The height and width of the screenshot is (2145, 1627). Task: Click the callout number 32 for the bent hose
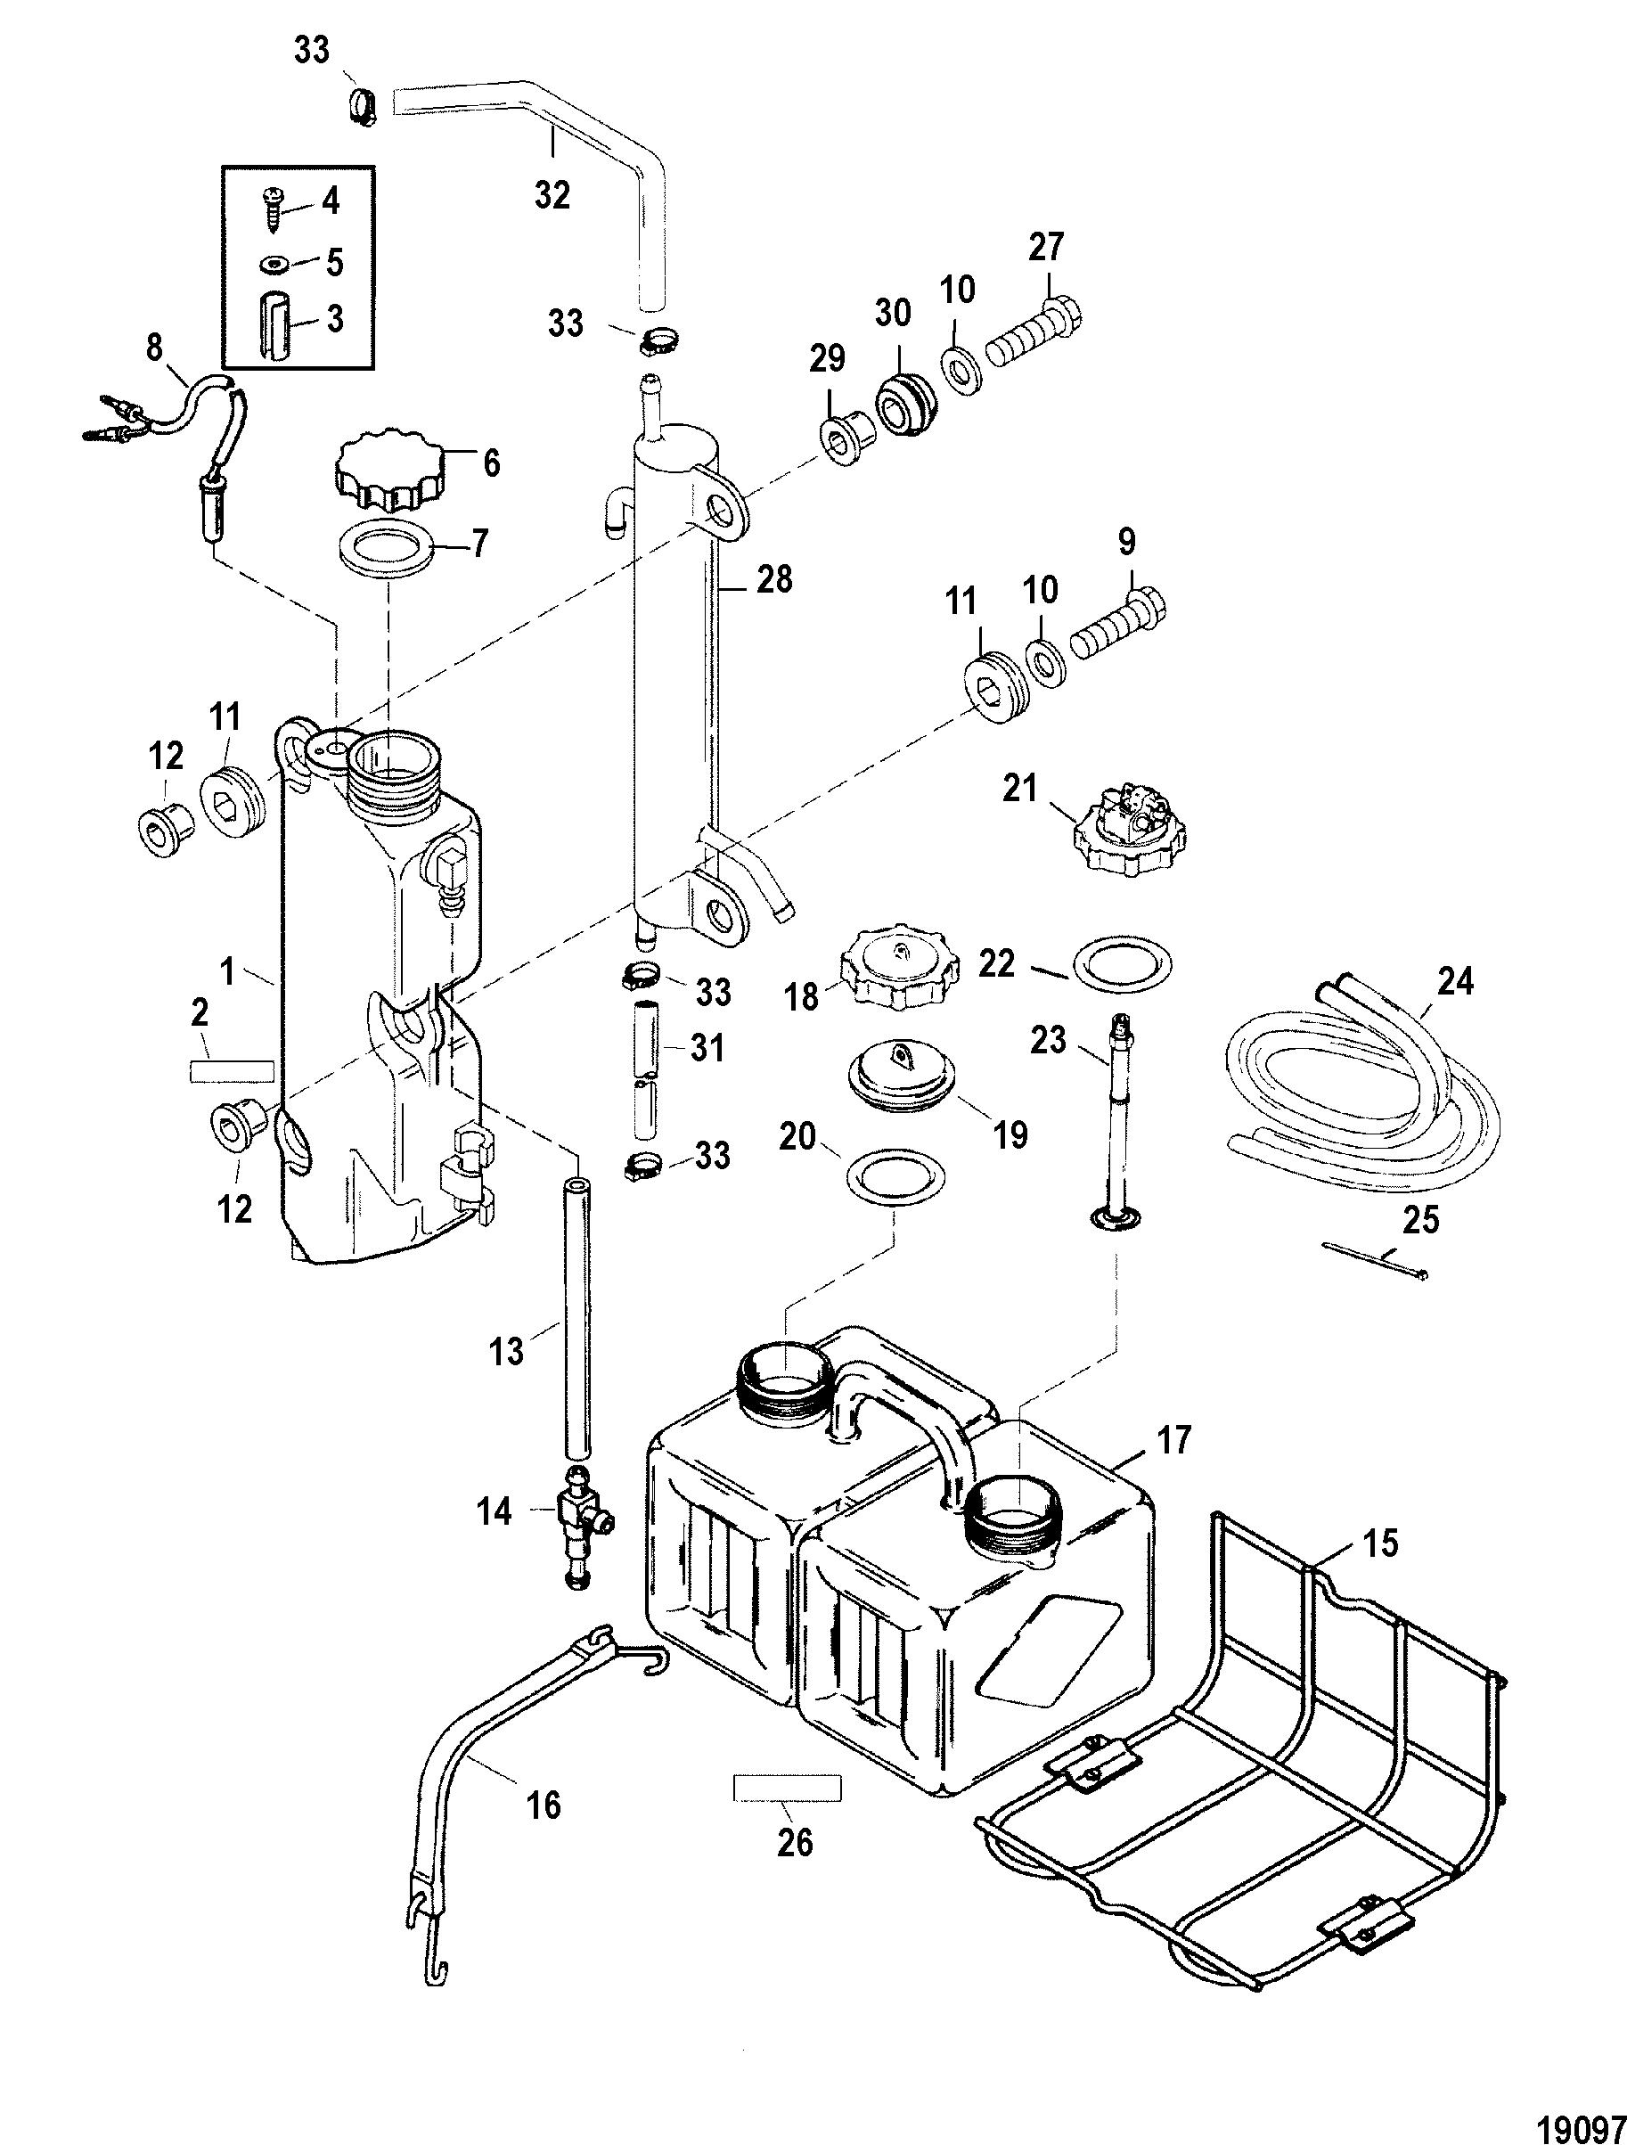pyautogui.click(x=552, y=196)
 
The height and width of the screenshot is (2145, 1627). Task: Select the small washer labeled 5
pyautogui.click(x=274, y=264)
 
